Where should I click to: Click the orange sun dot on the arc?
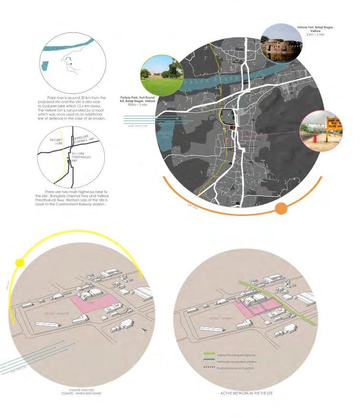pos(281,208)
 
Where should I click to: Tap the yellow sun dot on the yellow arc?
pos(20,262)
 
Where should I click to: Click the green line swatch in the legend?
pos(207,355)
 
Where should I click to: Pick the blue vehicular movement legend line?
pos(207,361)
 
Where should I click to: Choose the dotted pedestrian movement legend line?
pos(207,368)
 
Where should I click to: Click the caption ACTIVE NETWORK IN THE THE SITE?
pos(246,393)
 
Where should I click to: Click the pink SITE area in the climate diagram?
pos(94,304)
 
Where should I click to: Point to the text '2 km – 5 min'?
pos(315,36)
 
